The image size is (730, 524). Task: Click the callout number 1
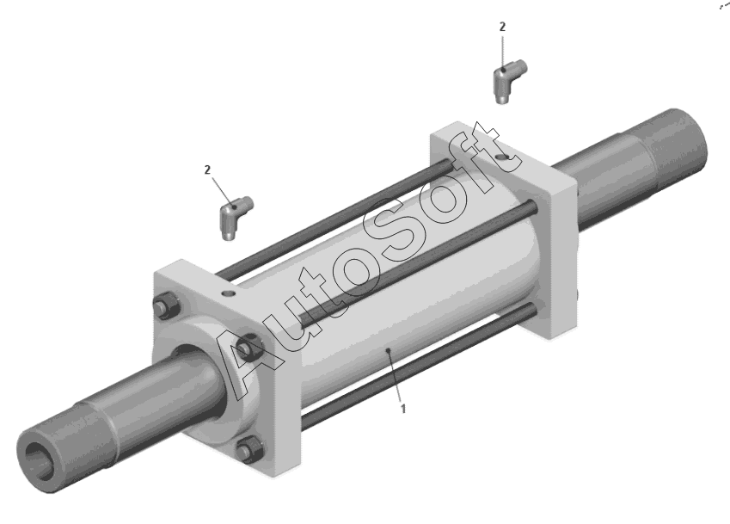click(x=403, y=409)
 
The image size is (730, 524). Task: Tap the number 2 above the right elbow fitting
click(x=502, y=27)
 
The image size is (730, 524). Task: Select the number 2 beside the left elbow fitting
click(x=207, y=170)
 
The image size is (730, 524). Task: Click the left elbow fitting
click(x=234, y=217)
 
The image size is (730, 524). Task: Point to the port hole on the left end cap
click(x=229, y=294)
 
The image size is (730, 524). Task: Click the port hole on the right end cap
click(x=502, y=157)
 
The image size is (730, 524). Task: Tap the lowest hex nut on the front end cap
click(x=249, y=450)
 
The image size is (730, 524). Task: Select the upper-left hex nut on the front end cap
click(x=167, y=305)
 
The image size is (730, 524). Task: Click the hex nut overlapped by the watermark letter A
click(x=249, y=347)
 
